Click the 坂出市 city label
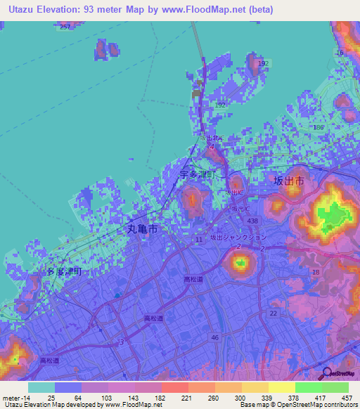[288, 181]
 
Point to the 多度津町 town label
[65, 271]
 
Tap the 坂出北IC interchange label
[210, 138]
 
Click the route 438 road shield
[253, 221]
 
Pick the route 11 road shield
[199, 240]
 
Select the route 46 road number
[215, 338]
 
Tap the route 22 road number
[273, 313]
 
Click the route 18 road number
[315, 272]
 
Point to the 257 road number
[65, 27]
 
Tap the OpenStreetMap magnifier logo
[327, 373]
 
